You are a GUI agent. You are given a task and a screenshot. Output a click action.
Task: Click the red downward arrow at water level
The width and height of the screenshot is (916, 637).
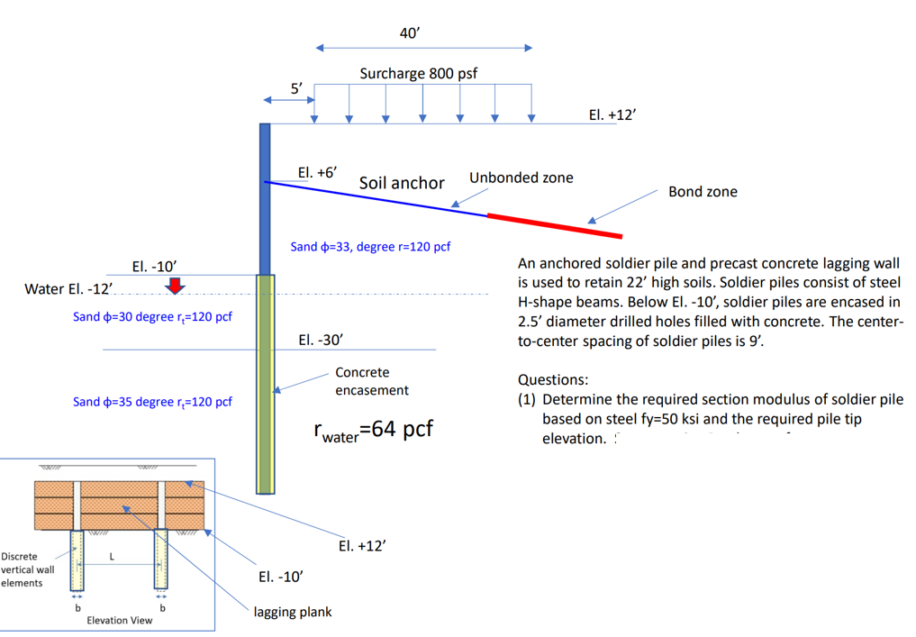pyautogui.click(x=176, y=286)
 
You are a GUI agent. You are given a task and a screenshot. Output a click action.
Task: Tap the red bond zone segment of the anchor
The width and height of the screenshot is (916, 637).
pyautogui.click(x=554, y=225)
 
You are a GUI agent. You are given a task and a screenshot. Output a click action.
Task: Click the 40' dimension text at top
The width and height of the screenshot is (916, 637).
pyautogui.click(x=410, y=32)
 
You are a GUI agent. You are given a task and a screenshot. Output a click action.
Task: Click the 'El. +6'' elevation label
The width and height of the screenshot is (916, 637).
pyautogui.click(x=317, y=172)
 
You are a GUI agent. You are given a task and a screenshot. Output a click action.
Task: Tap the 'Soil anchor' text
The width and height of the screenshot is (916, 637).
pyautogui.click(x=402, y=183)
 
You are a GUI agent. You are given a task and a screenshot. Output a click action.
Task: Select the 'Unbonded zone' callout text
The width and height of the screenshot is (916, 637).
pyautogui.click(x=521, y=177)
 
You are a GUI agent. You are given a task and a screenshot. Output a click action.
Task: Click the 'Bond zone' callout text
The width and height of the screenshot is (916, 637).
pyautogui.click(x=703, y=191)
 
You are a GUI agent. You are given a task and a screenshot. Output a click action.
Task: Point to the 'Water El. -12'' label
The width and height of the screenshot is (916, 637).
pyautogui.click(x=68, y=288)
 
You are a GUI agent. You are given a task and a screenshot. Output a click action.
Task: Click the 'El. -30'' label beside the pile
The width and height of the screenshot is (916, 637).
pyautogui.click(x=321, y=340)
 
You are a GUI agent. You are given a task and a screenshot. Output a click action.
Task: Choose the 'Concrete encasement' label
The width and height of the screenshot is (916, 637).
pyautogui.click(x=371, y=381)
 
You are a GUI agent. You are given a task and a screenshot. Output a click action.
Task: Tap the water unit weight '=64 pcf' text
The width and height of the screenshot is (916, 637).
pyautogui.click(x=373, y=430)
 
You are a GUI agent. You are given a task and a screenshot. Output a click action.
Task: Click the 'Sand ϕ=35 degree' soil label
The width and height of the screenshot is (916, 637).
pyautogui.click(x=152, y=402)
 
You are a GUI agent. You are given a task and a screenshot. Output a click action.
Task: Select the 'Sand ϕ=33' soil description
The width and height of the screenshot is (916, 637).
pyautogui.click(x=370, y=247)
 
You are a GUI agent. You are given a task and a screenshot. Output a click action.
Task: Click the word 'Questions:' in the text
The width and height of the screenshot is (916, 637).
pyautogui.click(x=550, y=380)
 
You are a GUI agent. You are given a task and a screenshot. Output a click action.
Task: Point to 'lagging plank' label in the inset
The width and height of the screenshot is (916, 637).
pyautogui.click(x=293, y=612)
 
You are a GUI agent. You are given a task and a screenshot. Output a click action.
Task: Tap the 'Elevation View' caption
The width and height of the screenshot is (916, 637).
pyautogui.click(x=119, y=620)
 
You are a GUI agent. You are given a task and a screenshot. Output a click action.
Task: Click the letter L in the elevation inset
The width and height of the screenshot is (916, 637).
pyautogui.click(x=112, y=556)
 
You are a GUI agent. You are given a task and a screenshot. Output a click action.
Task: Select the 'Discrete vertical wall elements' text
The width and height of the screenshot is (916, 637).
pyautogui.click(x=28, y=569)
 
